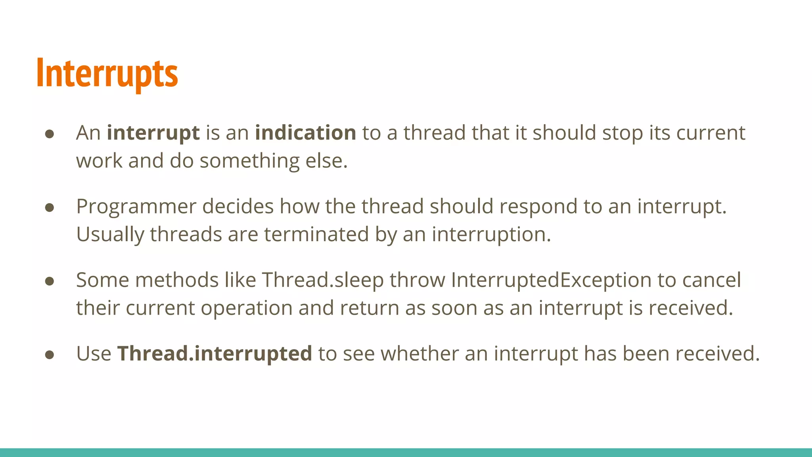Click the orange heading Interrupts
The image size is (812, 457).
coord(107,74)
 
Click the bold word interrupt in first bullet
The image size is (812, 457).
coord(153,133)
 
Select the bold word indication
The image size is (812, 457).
coord(305,133)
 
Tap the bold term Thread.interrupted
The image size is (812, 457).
coord(214,353)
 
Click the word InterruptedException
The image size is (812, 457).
coord(551,280)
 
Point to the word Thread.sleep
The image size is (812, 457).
coord(323,280)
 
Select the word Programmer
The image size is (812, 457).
coord(136,207)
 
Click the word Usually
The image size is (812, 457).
coord(110,234)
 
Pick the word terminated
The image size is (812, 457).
coord(316,234)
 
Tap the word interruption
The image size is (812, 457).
coord(491,234)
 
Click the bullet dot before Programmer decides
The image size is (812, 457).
coord(50,207)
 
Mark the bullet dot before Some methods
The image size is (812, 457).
coord(50,281)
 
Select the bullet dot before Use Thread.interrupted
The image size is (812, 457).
coord(50,355)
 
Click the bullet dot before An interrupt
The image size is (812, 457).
coord(50,134)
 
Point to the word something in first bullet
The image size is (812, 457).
coord(249,161)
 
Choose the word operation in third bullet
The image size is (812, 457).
coord(247,308)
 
